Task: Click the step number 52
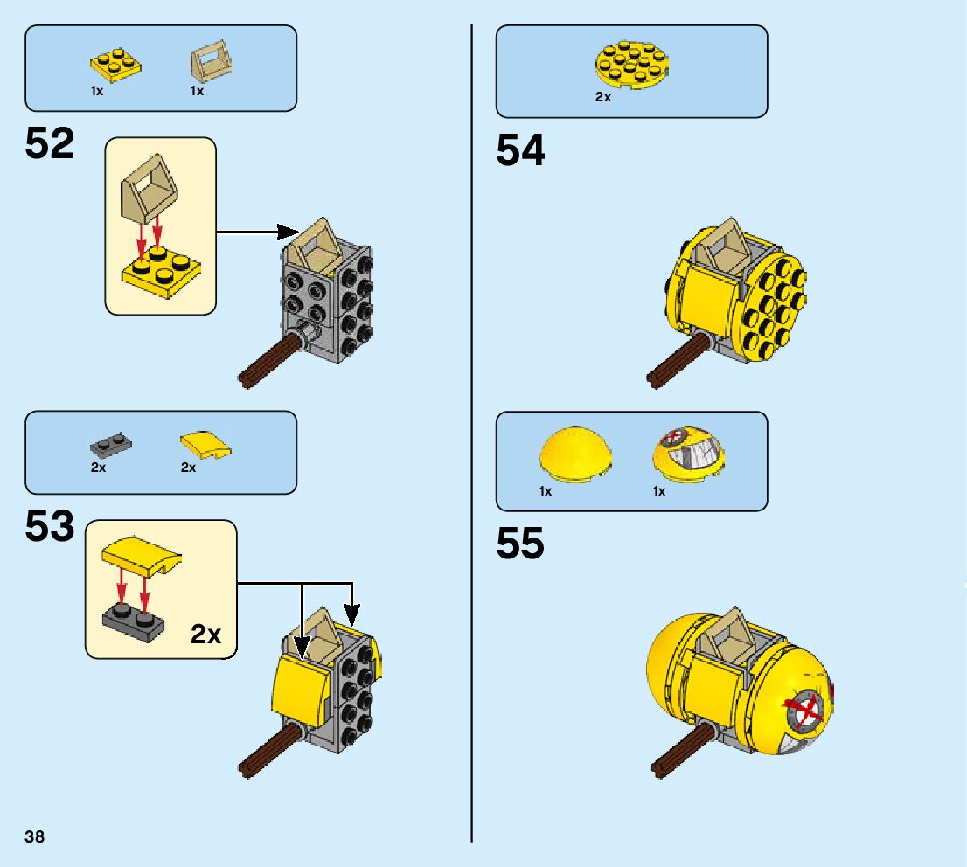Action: (50, 143)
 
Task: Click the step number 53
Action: (50, 527)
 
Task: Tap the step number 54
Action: (520, 150)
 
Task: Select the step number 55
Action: (520, 544)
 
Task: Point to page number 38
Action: (35, 837)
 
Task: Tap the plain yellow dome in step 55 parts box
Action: (574, 452)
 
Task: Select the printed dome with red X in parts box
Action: (690, 452)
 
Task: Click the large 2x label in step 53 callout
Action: (205, 634)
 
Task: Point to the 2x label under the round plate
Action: (603, 98)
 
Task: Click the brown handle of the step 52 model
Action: (270, 360)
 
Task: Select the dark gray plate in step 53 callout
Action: (134, 619)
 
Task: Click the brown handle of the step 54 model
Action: (677, 362)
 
